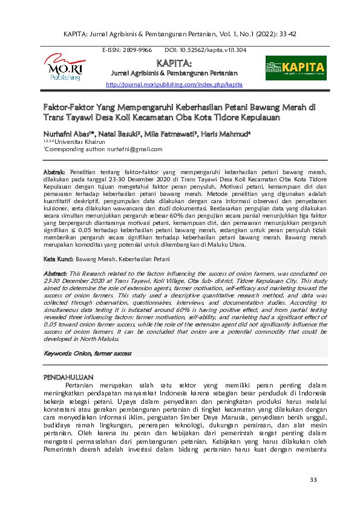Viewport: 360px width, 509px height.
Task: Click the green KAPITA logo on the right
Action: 296,68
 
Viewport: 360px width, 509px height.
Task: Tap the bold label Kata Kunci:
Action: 58,259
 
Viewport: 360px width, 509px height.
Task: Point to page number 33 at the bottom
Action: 313,480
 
